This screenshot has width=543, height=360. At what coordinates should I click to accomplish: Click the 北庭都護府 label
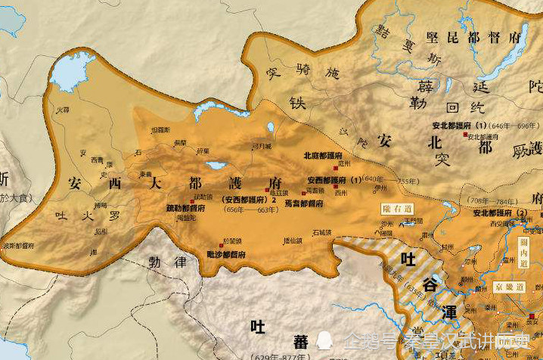coord(322,155)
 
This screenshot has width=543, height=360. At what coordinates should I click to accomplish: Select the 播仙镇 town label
coord(290,241)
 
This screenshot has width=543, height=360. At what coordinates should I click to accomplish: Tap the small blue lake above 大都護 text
coord(216,164)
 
